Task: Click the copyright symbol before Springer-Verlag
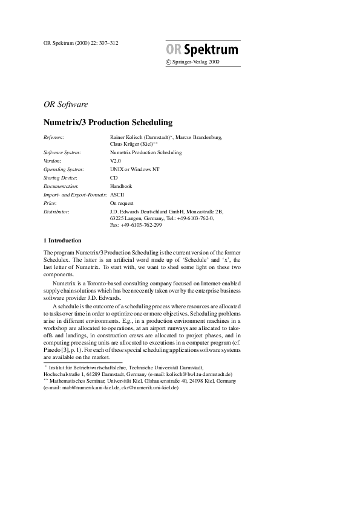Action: pyautogui.click(x=168, y=62)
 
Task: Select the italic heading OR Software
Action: pyautogui.click(x=66, y=104)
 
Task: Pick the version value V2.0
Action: pyautogui.click(x=116, y=161)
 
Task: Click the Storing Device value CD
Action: pyautogui.click(x=114, y=178)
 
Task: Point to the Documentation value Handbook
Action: pyautogui.click(x=121, y=187)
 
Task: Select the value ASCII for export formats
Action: pyautogui.click(x=117, y=195)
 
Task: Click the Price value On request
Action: pyautogui.click(x=123, y=204)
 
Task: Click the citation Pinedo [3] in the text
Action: pyautogui.click(x=57, y=351)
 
